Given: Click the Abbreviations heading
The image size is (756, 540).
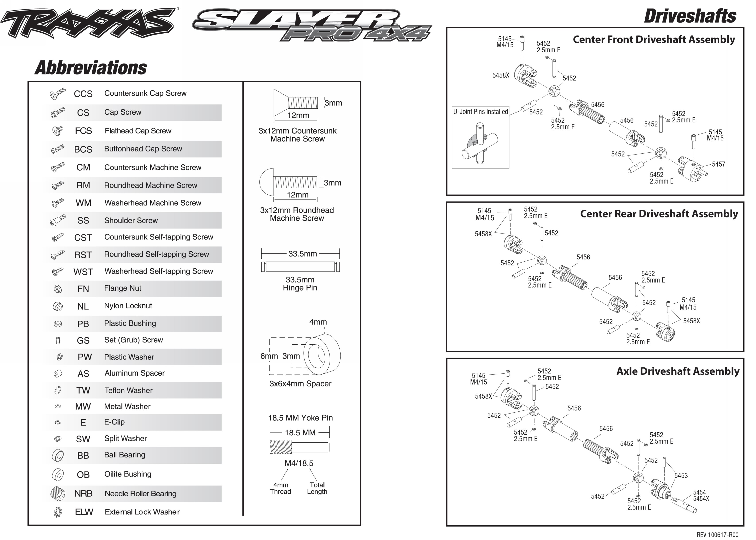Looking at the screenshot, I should pyautogui.click(x=91, y=68).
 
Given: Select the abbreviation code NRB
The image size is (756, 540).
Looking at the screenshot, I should pyautogui.click(x=83, y=494).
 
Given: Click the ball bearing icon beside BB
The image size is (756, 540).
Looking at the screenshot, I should pyautogui.click(x=58, y=455).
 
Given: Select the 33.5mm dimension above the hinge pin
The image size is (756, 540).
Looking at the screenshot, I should pyautogui.click(x=302, y=254).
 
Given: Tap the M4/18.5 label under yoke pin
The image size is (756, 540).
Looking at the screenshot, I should pyautogui.click(x=299, y=463).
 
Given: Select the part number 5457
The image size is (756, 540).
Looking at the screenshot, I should pyautogui.click(x=718, y=164).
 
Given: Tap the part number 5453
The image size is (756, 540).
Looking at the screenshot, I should pyautogui.click(x=681, y=475).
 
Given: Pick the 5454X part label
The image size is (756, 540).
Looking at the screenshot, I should pyautogui.click(x=701, y=498).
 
